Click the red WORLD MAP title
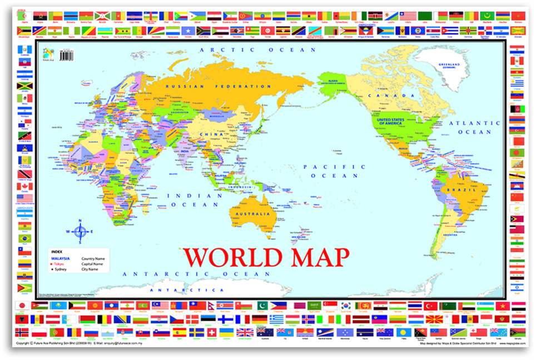(267, 258)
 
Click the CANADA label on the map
(394, 95)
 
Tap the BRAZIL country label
(467, 190)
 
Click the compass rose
(80, 232)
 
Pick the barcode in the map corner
(67, 56)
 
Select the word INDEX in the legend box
(56, 252)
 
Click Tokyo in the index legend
(60, 264)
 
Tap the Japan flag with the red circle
(23, 306)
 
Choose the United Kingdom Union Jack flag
(245, 332)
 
